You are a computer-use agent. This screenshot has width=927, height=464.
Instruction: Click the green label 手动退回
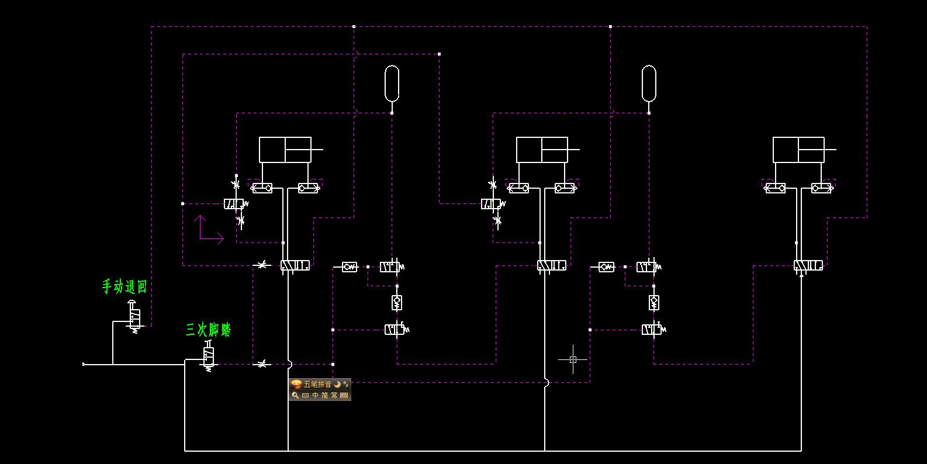tap(124, 286)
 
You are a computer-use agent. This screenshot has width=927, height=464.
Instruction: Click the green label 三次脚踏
tap(209, 330)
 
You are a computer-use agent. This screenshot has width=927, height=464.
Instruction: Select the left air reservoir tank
tap(392, 83)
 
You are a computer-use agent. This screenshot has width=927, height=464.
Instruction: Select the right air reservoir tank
tap(649, 83)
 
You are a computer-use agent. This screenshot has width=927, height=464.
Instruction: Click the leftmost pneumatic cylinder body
tap(285, 150)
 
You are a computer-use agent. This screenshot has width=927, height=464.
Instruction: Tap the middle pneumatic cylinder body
tap(542, 150)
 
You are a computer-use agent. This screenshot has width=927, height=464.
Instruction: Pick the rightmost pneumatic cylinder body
tap(798, 150)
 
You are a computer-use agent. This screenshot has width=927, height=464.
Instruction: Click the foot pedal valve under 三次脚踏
tap(209, 356)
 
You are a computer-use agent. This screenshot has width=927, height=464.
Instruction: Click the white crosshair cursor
tap(573, 359)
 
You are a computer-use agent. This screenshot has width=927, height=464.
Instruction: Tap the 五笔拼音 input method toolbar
tap(320, 390)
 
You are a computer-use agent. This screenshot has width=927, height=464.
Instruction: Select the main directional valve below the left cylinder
tap(295, 266)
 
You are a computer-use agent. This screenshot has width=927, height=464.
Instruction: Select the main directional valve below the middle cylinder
tap(552, 266)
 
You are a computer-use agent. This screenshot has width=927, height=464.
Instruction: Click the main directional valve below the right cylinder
tap(808, 266)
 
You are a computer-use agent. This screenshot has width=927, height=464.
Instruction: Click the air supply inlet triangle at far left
tap(84, 364)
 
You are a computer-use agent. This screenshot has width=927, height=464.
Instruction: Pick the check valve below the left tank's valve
tap(397, 303)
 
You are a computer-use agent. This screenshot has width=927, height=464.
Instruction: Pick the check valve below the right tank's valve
tap(654, 303)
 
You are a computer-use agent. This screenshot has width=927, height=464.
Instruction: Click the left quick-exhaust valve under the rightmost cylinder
tap(776, 188)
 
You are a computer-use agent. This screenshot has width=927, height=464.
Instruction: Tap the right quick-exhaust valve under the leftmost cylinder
tap(308, 188)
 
